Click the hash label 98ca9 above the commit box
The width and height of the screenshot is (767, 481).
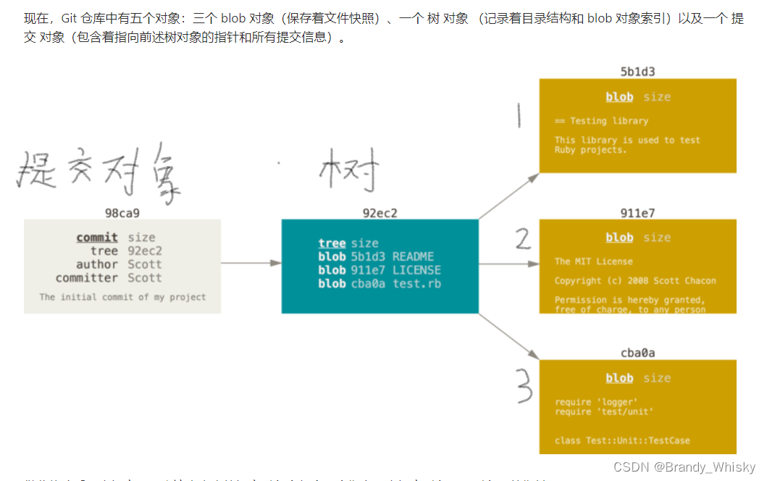122,213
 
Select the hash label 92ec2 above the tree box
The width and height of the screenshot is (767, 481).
380,213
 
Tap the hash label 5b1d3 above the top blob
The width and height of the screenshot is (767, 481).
637,72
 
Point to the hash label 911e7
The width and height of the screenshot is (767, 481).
637,213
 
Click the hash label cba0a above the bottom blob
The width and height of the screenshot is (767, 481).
637,354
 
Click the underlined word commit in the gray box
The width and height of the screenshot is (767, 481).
97,238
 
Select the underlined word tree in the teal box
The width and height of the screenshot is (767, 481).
332,243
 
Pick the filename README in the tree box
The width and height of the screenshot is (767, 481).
413,256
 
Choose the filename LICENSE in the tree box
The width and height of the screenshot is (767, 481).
416,270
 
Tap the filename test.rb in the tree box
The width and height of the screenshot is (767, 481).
416,284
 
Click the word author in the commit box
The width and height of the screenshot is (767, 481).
97,264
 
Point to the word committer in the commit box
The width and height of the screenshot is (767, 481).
87,278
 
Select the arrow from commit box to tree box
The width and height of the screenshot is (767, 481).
251,264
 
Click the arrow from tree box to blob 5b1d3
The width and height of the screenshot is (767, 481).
508,196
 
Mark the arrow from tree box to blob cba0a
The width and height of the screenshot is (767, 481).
508,336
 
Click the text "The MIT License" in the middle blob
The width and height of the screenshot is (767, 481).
593,262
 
